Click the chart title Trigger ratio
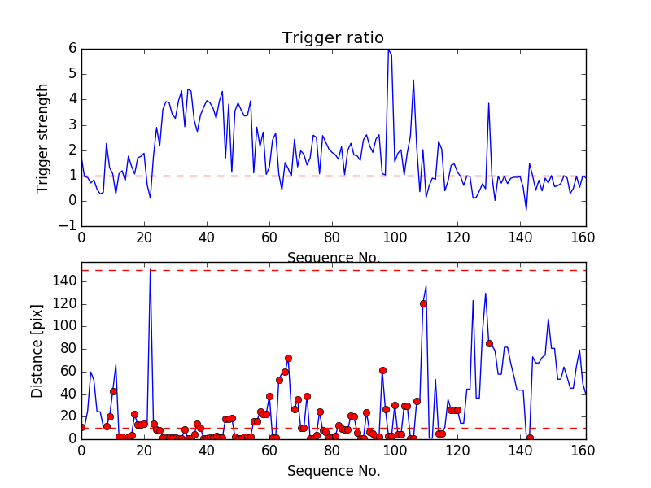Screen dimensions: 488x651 333,38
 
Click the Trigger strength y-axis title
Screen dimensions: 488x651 43,138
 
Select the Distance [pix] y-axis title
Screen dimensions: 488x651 37,352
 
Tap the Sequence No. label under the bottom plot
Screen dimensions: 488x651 333,471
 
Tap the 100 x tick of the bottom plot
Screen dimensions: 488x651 395,450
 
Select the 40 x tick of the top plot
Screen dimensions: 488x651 207,238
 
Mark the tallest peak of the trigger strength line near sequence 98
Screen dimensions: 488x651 388,50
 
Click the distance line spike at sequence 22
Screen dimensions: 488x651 151,271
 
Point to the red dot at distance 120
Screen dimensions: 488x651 423,303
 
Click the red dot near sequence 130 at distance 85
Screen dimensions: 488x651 489,343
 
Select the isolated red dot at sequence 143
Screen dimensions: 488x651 530,438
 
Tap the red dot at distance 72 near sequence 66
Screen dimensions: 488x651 288,358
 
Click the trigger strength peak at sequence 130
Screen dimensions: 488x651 488,103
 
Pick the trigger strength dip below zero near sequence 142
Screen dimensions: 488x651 526,210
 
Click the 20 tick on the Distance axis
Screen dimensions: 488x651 69,416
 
